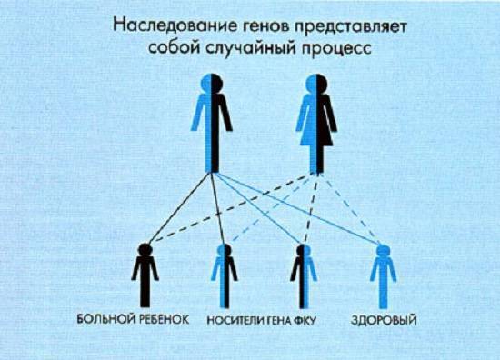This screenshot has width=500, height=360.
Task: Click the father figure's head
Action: pos(212,84)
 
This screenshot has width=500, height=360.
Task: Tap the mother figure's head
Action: pos(315,84)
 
